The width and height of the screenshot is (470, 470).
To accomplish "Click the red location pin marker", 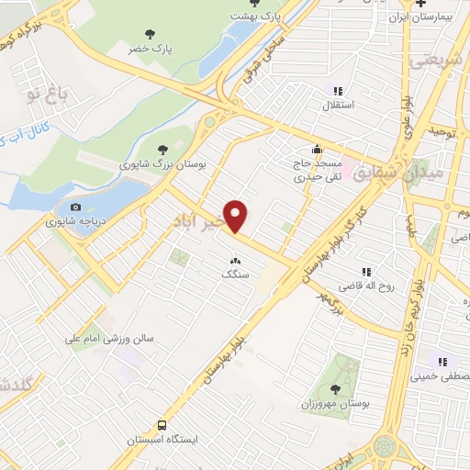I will point(237,216).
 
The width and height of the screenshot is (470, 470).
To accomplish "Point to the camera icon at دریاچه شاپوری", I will point(75,207).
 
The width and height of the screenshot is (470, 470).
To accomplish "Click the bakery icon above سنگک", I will point(237,259).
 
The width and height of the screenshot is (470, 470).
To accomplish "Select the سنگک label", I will point(235,274).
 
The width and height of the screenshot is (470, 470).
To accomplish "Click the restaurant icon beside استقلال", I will point(338,90).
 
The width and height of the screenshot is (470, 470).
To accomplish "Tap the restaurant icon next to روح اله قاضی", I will point(367,272).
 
